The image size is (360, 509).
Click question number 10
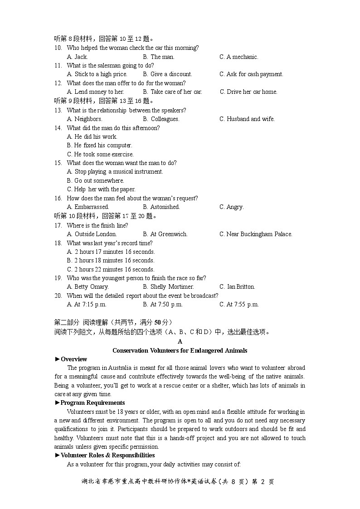58,48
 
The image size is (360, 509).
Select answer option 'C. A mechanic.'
238,57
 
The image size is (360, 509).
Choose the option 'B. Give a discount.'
167,74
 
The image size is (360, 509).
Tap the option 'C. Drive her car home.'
248,92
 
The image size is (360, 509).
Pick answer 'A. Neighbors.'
84,119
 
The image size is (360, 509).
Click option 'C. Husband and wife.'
247,119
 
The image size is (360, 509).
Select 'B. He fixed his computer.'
99,145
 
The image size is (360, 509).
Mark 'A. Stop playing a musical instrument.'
115,172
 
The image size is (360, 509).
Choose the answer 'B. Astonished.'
161,207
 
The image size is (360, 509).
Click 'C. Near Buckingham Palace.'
256,234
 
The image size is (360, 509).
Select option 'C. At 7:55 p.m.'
239,305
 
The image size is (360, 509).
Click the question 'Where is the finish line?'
97,226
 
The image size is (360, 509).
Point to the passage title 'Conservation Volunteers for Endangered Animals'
180,350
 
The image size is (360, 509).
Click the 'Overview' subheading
73,359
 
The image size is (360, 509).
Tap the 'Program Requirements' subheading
92,403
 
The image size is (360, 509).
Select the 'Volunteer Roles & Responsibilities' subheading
107,456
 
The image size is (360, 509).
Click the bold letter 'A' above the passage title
180,342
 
